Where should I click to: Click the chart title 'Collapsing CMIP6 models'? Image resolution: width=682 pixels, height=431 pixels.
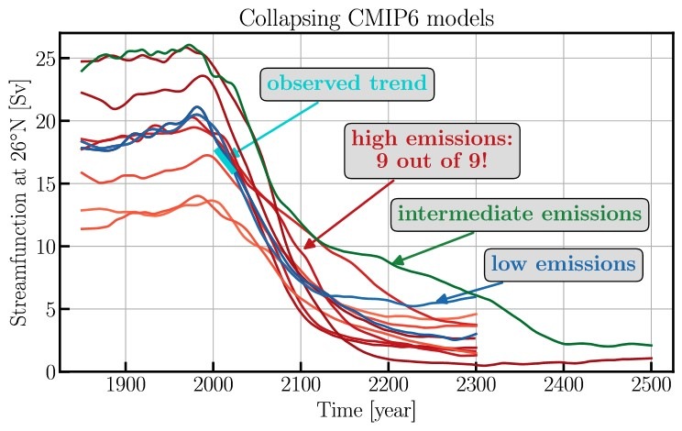[x=364, y=17]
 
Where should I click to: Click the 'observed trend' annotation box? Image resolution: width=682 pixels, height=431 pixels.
[x=347, y=84]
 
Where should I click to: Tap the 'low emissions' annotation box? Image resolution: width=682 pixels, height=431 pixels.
[x=562, y=265]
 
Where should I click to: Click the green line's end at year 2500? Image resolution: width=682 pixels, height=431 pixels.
[x=651, y=346]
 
